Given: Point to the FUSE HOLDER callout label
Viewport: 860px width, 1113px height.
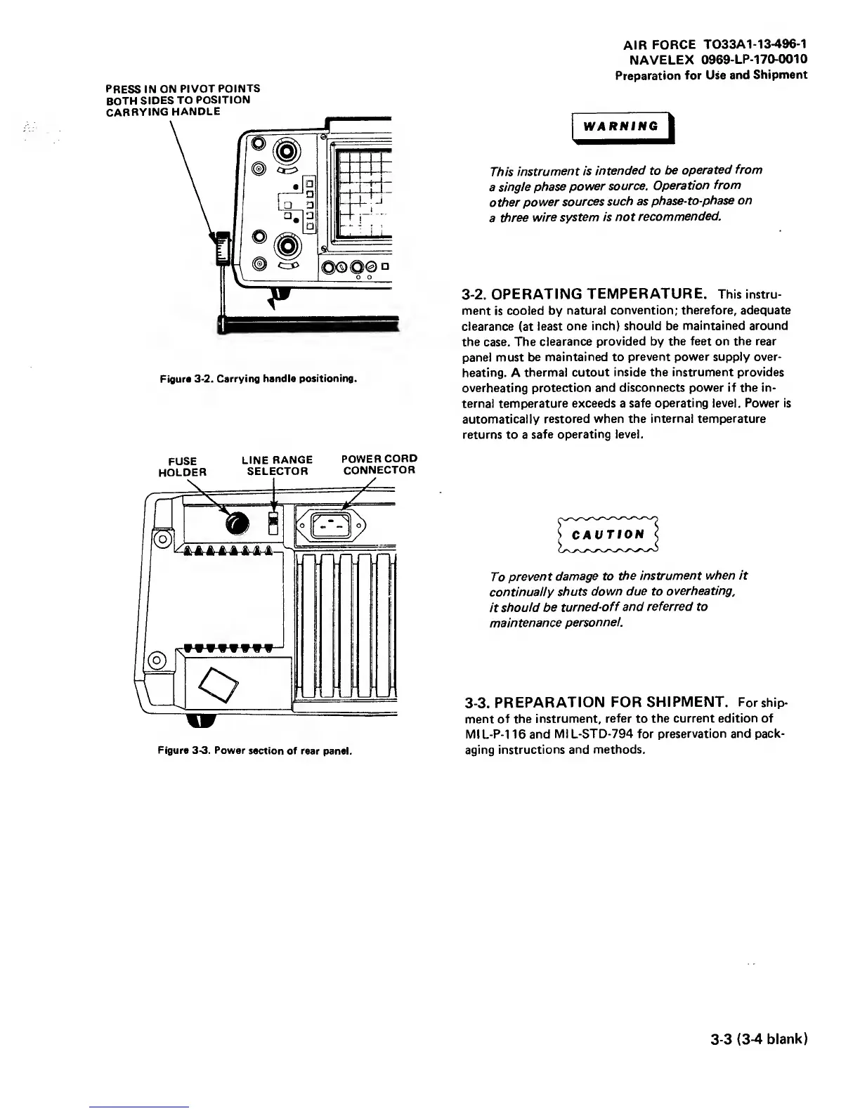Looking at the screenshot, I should tap(183, 467).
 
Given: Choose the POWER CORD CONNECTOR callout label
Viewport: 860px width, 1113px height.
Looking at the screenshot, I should tap(379, 464).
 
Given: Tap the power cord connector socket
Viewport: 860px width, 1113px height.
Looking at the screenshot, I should tap(330, 524).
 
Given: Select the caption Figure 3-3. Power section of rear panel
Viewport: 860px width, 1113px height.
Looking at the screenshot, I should tap(254, 751).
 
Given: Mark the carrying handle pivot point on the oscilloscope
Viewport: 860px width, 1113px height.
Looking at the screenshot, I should tap(222, 248).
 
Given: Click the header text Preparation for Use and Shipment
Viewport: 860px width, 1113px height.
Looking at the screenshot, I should tap(710, 74).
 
